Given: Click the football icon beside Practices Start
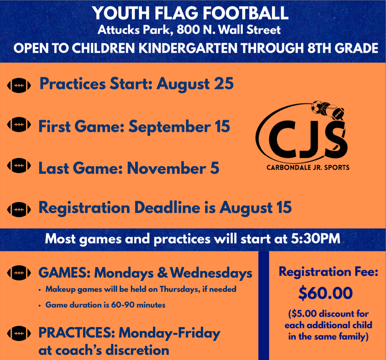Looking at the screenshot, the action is (x=19, y=85).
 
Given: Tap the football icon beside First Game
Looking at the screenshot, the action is (x=19, y=124).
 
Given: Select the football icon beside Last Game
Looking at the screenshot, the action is (x=19, y=166).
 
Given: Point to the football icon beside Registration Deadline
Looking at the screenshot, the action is (x=19, y=210).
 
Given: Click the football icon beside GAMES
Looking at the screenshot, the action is (x=19, y=273).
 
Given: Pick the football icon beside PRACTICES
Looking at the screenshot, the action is (x=19, y=333).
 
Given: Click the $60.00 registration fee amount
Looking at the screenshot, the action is (x=325, y=293).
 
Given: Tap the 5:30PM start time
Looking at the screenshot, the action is (x=316, y=239).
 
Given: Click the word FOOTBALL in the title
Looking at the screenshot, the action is (x=246, y=13).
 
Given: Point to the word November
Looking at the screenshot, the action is (x=167, y=168).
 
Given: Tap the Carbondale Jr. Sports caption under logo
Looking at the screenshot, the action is (x=308, y=168).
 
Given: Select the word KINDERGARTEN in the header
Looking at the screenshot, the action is (x=188, y=48).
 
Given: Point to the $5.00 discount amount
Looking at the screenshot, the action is (x=304, y=314).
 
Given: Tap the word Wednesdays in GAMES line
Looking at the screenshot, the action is (x=211, y=273).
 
